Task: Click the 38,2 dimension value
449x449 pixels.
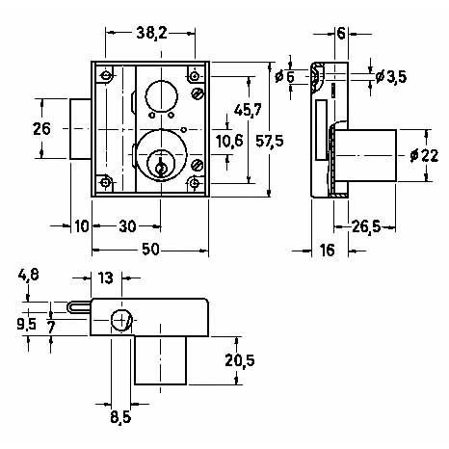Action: (151, 33)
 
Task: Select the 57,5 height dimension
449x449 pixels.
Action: (270, 141)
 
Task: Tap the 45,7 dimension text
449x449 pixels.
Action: (248, 110)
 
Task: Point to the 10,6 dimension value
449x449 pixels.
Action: (229, 142)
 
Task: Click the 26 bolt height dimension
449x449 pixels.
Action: (41, 129)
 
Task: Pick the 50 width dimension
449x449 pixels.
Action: (150, 250)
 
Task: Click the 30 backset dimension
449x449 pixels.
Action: (127, 226)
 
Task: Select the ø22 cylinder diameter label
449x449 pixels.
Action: (424, 156)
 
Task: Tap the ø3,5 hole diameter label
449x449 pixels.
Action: (391, 77)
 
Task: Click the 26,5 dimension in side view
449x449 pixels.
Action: (366, 226)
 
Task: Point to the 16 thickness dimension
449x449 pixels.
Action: (328, 251)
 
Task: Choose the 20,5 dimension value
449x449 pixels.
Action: (240, 360)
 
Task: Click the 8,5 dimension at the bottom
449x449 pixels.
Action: (120, 417)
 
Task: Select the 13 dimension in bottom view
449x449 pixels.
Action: (106, 277)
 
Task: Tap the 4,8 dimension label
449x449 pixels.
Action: (29, 276)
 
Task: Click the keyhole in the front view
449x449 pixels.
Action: (160, 167)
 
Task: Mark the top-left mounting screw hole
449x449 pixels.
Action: (105, 76)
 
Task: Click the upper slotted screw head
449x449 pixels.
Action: (198, 94)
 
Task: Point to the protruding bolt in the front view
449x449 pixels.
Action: (81, 129)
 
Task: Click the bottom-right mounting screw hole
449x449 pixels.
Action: (194, 183)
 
